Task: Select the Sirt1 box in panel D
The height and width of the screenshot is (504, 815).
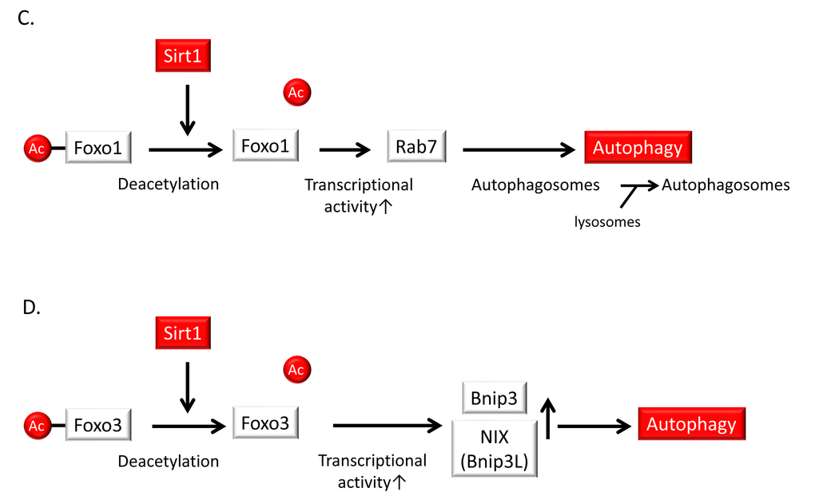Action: click(182, 333)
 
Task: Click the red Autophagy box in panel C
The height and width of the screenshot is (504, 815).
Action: click(638, 148)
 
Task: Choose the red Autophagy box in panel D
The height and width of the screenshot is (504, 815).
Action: click(691, 423)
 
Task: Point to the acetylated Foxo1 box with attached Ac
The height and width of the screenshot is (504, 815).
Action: click(97, 148)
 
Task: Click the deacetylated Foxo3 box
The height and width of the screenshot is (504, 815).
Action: click(266, 422)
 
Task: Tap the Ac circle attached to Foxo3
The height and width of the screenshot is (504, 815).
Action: click(37, 426)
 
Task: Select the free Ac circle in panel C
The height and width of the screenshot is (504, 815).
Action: click(296, 93)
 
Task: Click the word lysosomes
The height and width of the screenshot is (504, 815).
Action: click(607, 222)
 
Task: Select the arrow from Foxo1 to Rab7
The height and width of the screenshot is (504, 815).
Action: click(345, 149)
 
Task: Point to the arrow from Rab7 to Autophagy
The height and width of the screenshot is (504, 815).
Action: click(519, 149)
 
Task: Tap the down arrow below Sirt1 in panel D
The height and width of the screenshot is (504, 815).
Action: click(187, 387)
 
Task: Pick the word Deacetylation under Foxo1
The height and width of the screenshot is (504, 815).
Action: click(168, 185)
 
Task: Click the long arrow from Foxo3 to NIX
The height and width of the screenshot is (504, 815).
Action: click(388, 425)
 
